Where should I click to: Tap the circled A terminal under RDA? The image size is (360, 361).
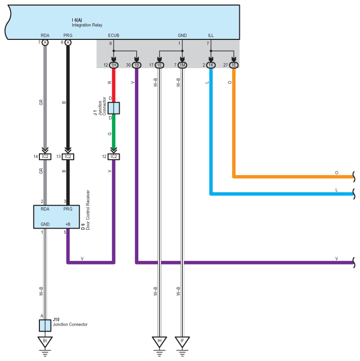click(45, 43)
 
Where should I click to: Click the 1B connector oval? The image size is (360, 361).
click(136, 65)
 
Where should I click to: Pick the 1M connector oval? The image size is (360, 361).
click(182, 65)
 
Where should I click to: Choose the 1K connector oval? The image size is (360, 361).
click(211, 65)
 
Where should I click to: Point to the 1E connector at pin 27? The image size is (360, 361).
click(234, 65)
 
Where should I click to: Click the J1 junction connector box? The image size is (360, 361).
click(114, 108)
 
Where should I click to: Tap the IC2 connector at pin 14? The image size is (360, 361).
click(45, 157)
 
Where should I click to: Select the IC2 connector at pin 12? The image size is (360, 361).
click(114, 157)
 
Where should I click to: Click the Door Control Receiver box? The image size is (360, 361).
click(56, 217)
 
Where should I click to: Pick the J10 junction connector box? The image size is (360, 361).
click(45, 325)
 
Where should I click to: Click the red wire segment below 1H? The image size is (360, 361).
click(114, 84)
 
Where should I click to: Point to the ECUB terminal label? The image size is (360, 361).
click(114, 36)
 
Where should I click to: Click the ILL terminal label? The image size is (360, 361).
click(211, 36)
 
